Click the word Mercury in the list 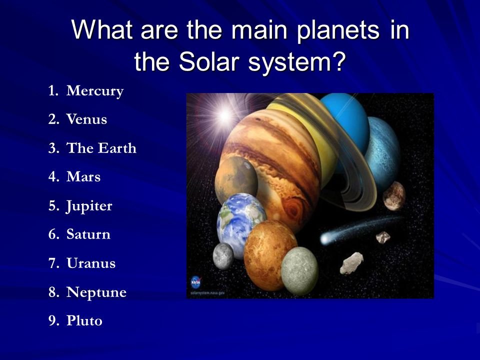pyautogui.click(x=95, y=91)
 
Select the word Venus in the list pyautogui.click(x=86, y=119)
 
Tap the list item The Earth pyautogui.click(x=101, y=148)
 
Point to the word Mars pyautogui.click(x=83, y=176)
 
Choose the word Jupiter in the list pyautogui.click(x=89, y=206)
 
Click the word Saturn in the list pyautogui.click(x=88, y=234)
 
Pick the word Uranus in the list pyautogui.click(x=91, y=263)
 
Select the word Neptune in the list pyautogui.click(x=96, y=292)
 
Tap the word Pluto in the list pyautogui.click(x=84, y=320)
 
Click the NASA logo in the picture pyautogui.click(x=195, y=282)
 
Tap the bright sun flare pyautogui.click(x=225, y=115)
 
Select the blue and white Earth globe pyautogui.click(x=241, y=225)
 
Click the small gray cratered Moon pyautogui.click(x=223, y=256)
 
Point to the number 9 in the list pyautogui.click(x=52, y=320)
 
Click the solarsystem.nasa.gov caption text pyautogui.click(x=207, y=293)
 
